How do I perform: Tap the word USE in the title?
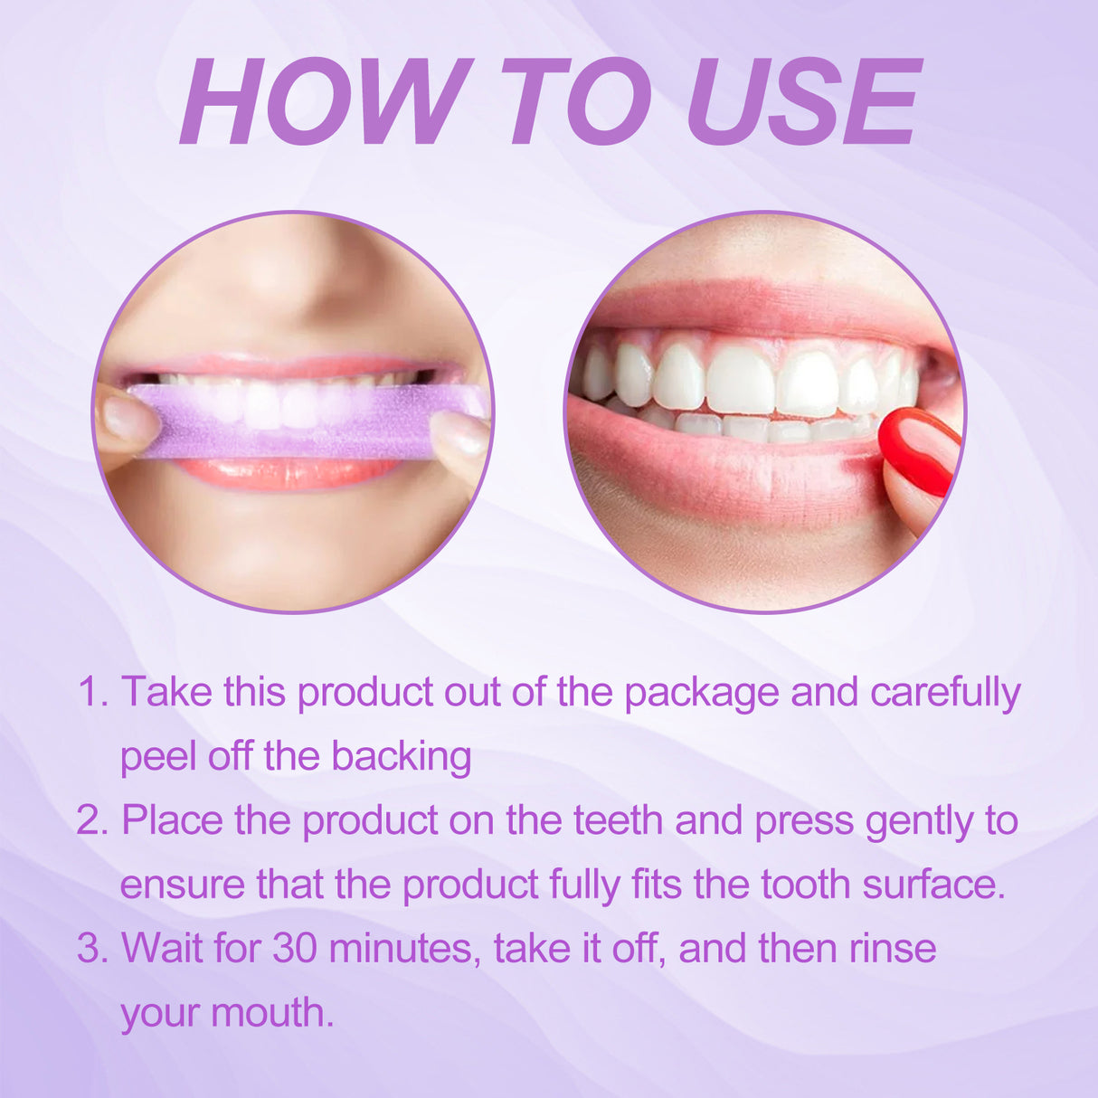(x=803, y=101)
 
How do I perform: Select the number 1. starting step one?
(x=93, y=693)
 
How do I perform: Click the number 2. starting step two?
(x=93, y=821)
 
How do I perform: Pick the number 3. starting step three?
(x=93, y=949)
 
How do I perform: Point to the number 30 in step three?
(x=295, y=949)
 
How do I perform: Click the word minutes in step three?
(x=404, y=949)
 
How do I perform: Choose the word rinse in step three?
(x=892, y=949)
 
